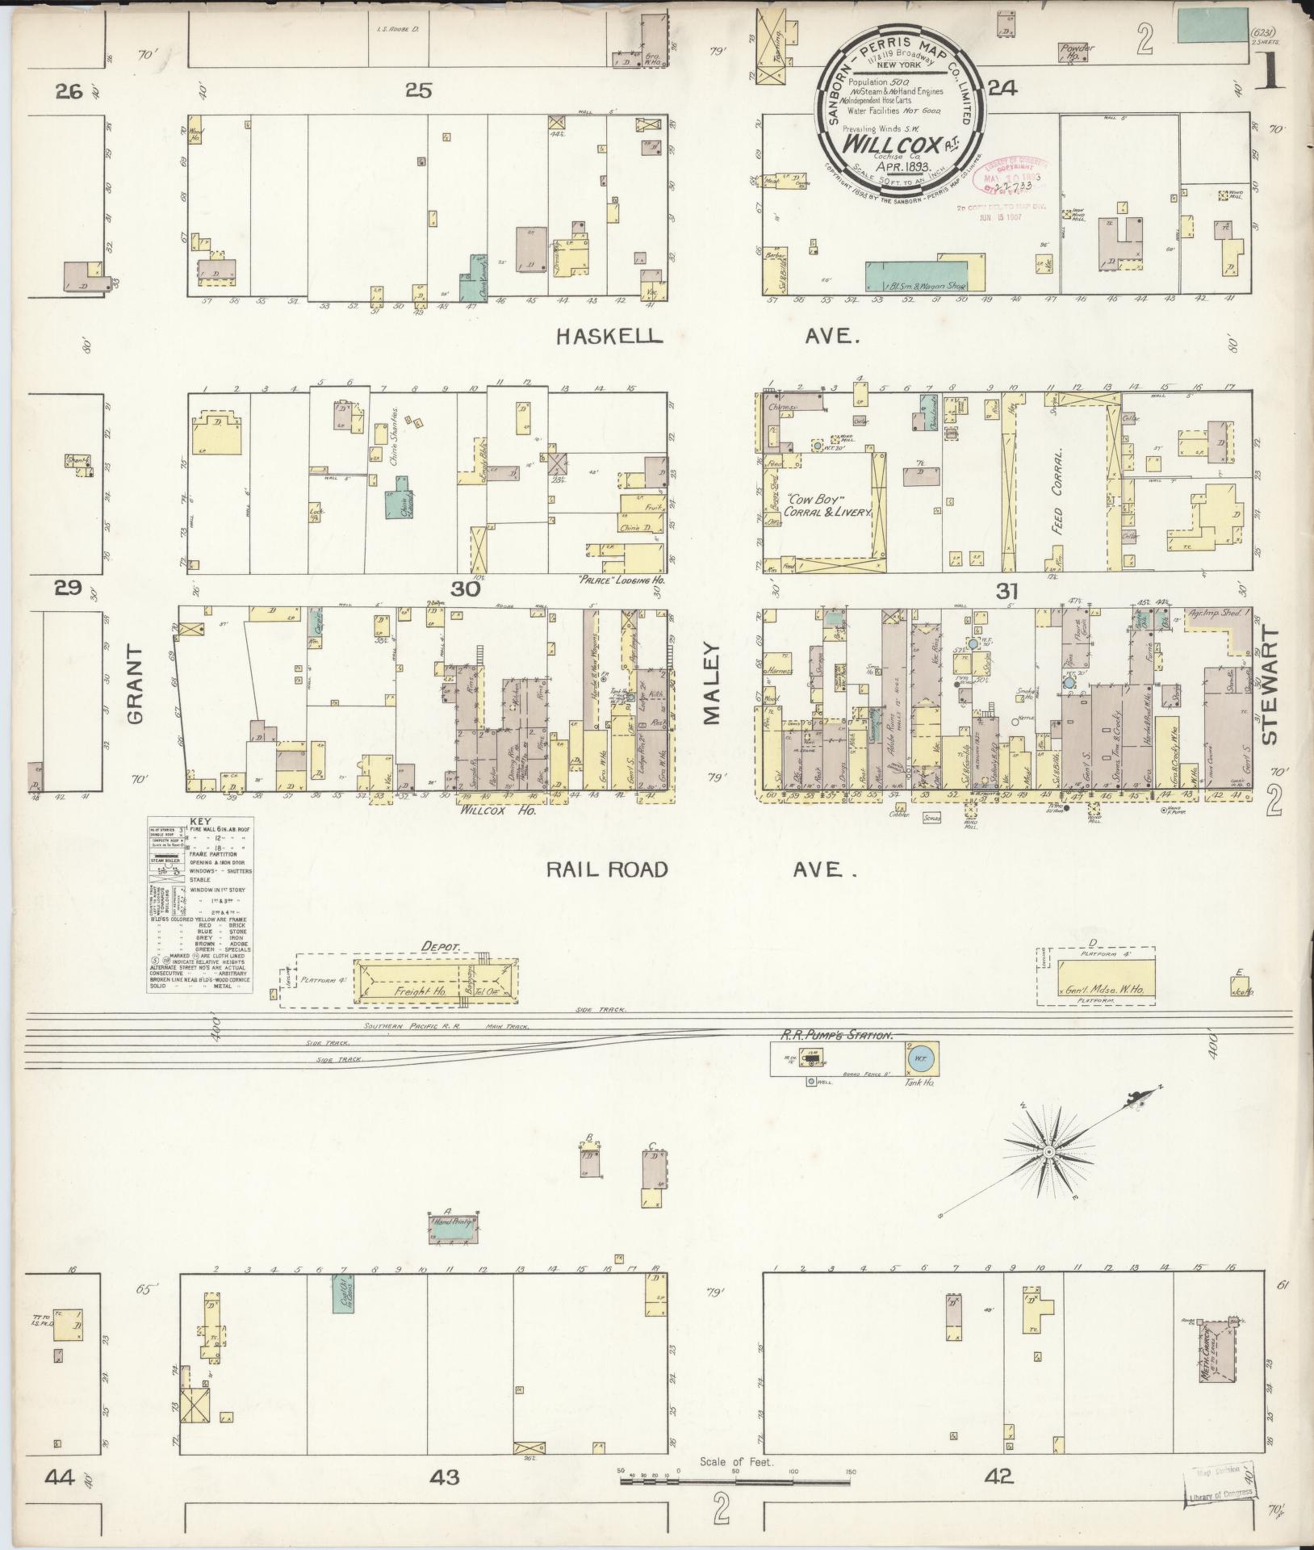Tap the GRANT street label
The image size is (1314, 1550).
click(135, 685)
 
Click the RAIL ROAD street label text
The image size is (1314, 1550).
click(608, 869)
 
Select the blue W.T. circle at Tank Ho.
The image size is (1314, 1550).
click(920, 1056)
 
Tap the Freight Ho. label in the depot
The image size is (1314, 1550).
click(417, 990)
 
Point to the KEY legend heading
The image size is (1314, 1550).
click(198, 820)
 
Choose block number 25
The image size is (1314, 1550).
click(419, 91)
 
